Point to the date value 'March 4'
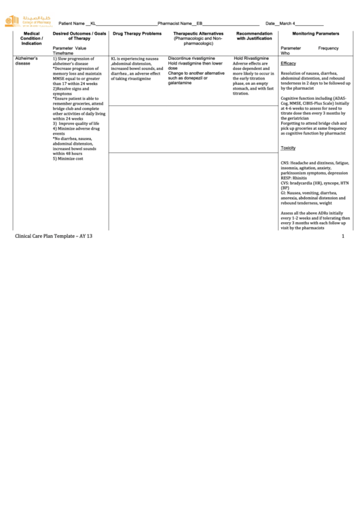(285, 23)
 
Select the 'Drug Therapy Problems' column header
(137, 33)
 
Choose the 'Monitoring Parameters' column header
(316, 33)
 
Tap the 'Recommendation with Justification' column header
(255, 36)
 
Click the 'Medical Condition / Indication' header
(31, 38)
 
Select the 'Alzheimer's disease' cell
(26, 61)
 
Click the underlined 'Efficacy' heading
(288, 63)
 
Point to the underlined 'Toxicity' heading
(288, 147)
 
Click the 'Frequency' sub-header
(328, 48)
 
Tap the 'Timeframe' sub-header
(62, 53)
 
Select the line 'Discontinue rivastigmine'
(192, 58)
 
